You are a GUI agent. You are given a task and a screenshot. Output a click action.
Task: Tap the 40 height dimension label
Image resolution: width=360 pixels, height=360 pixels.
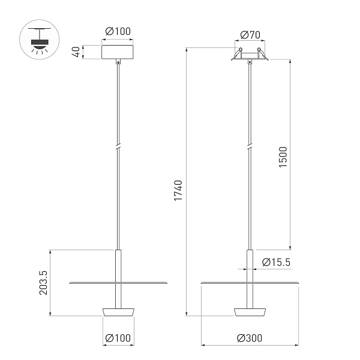[76, 52]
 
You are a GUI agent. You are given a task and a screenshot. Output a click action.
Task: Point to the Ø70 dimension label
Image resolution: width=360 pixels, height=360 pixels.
[249, 34]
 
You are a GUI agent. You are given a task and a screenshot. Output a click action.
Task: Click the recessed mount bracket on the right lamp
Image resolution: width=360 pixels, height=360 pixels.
[249, 56]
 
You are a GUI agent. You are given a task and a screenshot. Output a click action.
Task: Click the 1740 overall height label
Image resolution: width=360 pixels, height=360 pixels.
[178, 190]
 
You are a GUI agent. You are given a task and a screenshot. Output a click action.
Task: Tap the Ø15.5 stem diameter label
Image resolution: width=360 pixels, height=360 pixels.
[277, 262]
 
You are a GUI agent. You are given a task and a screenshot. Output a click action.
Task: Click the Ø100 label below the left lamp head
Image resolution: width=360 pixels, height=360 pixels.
[118, 338]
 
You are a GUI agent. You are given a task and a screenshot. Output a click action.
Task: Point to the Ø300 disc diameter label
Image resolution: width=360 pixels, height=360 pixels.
[249, 338]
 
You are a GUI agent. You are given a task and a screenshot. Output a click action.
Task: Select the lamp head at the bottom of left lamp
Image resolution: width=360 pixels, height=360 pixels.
[118, 311]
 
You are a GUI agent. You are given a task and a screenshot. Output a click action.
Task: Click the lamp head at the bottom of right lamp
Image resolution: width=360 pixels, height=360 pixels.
[249, 311]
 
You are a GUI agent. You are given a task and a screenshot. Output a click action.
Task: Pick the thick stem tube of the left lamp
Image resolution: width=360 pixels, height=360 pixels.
[118, 264]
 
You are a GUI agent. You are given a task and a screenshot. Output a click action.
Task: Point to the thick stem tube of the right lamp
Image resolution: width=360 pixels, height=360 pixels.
[249, 264]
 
